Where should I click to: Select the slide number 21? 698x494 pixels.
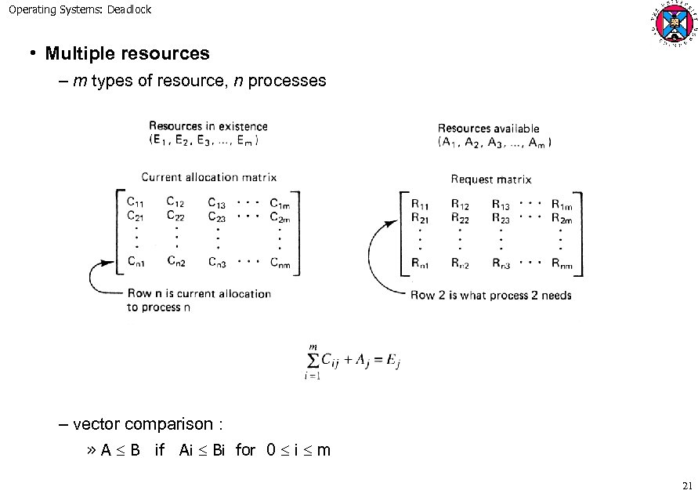(x=687, y=484)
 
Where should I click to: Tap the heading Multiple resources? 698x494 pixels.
(x=127, y=54)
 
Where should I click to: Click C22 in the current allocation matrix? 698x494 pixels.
(x=175, y=216)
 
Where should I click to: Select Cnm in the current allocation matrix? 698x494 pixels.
(x=280, y=264)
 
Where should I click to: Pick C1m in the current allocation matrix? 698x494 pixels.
(x=280, y=202)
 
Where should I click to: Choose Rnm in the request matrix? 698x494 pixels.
(x=562, y=265)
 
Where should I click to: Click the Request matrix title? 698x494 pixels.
(x=490, y=180)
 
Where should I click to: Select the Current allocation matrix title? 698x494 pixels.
(x=208, y=178)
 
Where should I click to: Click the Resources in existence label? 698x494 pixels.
(x=208, y=126)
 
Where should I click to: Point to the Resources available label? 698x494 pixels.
(x=488, y=129)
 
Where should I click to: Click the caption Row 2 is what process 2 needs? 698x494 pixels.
(x=491, y=296)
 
